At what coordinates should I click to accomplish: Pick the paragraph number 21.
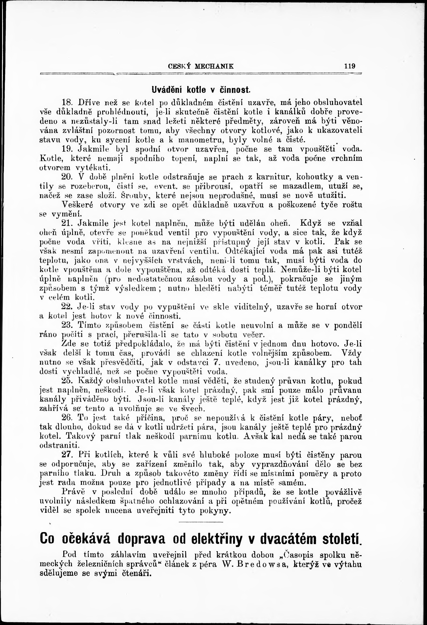(x=67, y=223)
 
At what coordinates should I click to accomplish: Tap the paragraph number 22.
(x=67, y=307)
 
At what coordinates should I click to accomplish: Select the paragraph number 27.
(x=67, y=455)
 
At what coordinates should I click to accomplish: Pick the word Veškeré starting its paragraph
(x=77, y=205)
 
